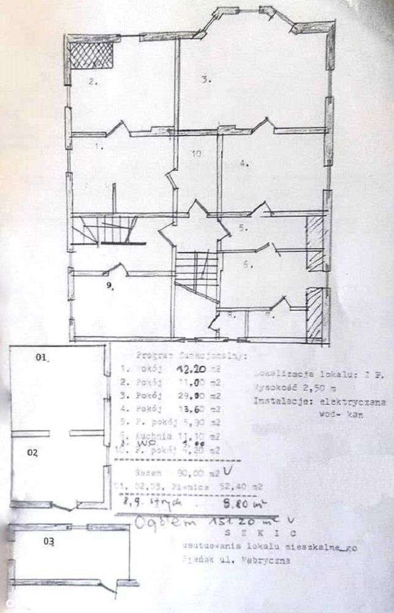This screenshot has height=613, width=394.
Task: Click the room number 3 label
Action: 206,78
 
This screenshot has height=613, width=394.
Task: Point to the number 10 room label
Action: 195,154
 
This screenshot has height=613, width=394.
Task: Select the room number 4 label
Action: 243,163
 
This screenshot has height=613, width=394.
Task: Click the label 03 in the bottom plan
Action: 48,541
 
